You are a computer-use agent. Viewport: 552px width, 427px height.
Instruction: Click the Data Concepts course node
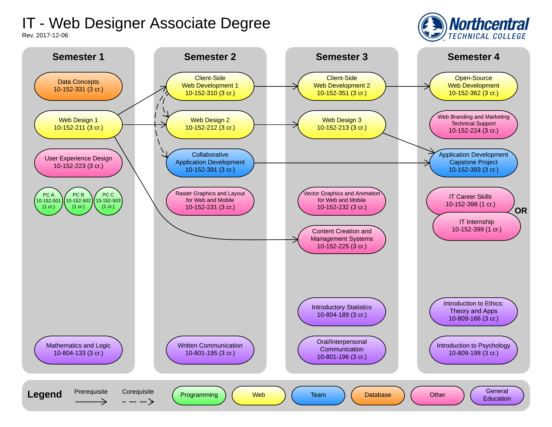pyautogui.click(x=78, y=86)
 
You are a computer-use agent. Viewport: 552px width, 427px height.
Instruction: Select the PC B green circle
pyautogui.click(x=78, y=201)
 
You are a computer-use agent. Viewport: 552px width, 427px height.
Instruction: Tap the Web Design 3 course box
pyautogui.click(x=342, y=124)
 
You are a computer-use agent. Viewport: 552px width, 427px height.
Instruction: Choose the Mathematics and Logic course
pyautogui.click(x=78, y=350)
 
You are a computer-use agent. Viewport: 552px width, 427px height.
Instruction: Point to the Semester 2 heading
pyautogui.click(x=210, y=57)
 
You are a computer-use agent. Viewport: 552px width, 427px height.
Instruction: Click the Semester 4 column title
pyautogui.click(x=473, y=57)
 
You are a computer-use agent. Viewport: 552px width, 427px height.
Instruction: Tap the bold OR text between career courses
pyautogui.click(x=521, y=211)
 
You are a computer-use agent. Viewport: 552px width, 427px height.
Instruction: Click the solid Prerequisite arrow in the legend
pyautogui.click(x=91, y=401)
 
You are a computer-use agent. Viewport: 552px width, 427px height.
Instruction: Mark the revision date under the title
pyautogui.click(x=45, y=35)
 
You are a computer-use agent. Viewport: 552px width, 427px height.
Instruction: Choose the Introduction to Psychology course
pyautogui.click(x=473, y=350)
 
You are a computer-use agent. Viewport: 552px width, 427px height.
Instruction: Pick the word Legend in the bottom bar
pyautogui.click(x=44, y=394)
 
